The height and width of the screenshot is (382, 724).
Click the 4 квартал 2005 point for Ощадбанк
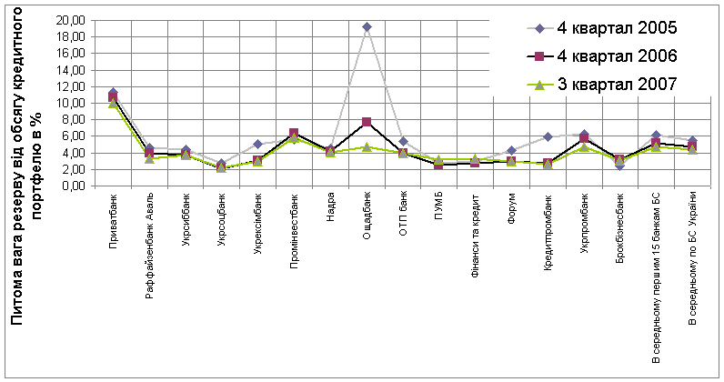coord(367,27)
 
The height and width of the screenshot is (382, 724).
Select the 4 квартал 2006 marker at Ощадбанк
coord(367,122)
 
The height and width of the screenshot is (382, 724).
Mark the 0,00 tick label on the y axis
coord(75,186)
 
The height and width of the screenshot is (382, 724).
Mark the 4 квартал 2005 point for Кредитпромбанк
coord(548,137)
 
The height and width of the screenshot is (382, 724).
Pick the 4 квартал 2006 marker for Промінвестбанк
coord(294,134)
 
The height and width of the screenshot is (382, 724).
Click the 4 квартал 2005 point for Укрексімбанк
coord(257,144)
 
